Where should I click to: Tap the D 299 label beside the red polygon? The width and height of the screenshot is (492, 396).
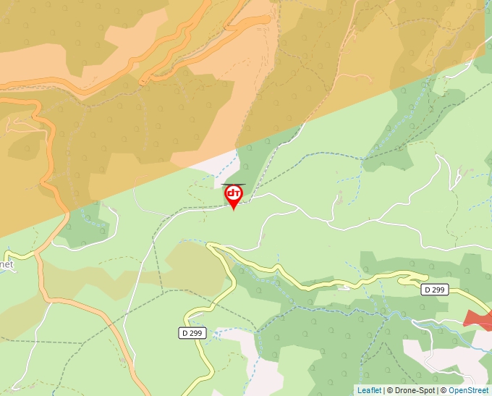pos(435,290)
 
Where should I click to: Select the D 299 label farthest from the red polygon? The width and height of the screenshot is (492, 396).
pos(192,333)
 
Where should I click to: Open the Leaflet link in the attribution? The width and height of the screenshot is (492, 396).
pos(369,390)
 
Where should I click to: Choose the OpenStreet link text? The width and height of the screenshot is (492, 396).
pos(470,390)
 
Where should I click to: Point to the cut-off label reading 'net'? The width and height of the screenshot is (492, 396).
pos(7,264)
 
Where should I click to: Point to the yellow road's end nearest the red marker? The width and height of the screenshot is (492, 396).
pos(210,245)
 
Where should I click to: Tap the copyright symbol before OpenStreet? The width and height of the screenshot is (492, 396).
pos(444,390)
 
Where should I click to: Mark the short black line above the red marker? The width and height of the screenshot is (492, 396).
pos(233,185)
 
